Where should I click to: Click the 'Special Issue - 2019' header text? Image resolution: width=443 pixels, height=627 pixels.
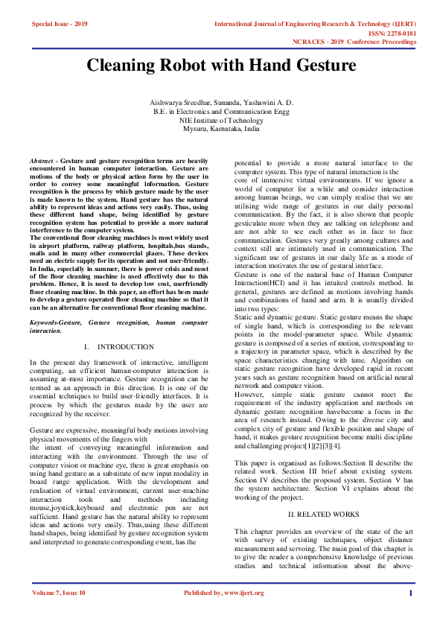coord(60,25)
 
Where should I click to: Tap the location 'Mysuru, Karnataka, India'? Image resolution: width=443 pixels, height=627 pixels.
coord(222,128)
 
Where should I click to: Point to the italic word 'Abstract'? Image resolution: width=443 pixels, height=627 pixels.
coord(41,161)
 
